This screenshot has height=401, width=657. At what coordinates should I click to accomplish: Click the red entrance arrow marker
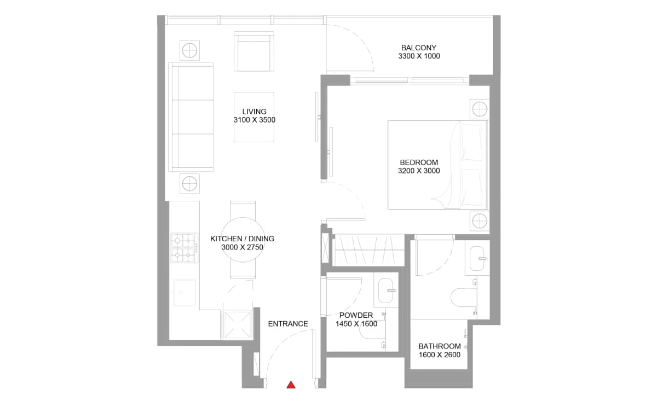291,385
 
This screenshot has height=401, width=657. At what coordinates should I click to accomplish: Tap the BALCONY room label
419,48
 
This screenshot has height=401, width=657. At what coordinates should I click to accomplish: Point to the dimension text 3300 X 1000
419,56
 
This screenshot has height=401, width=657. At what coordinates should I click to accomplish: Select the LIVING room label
254,112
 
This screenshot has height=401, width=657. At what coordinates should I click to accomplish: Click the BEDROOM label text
419,162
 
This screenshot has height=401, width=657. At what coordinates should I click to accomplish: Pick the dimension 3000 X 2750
243,247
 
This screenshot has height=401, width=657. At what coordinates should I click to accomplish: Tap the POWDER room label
356,315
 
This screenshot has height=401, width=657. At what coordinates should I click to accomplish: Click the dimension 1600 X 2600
439,354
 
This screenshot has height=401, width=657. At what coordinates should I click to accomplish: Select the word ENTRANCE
288,324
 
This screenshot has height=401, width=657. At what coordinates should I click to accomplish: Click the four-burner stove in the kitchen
184,247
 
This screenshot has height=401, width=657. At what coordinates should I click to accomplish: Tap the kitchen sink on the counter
185,293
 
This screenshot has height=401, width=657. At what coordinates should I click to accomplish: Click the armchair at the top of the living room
253,51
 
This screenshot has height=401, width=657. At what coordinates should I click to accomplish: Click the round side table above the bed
479,108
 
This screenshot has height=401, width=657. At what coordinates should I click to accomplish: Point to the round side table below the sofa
189,183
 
